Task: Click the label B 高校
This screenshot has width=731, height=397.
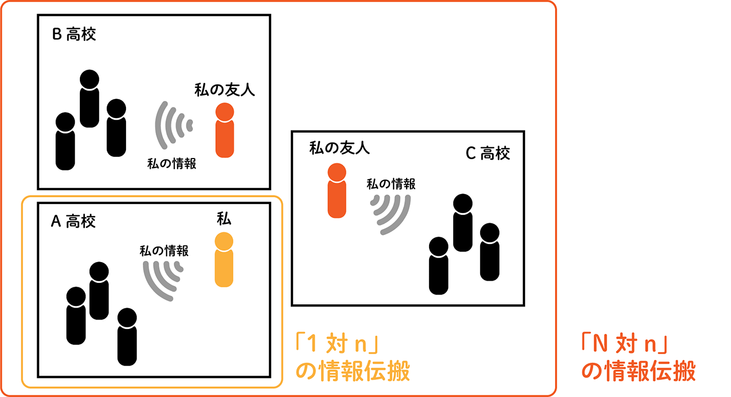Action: click(x=74, y=34)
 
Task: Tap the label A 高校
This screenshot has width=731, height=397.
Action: click(x=74, y=222)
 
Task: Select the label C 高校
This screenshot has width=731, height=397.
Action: click(x=488, y=153)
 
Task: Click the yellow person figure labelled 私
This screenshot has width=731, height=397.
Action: click(x=224, y=260)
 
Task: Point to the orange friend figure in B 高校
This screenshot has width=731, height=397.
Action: click(x=224, y=130)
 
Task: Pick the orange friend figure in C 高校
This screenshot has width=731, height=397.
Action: click(x=337, y=191)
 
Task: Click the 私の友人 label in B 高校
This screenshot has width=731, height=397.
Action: click(x=224, y=90)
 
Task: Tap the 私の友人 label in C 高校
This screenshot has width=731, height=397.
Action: click(x=340, y=148)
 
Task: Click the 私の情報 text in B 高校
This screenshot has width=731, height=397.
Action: click(x=172, y=164)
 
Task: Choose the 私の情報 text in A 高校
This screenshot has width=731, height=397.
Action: click(x=164, y=251)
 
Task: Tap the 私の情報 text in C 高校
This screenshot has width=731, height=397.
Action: click(x=391, y=184)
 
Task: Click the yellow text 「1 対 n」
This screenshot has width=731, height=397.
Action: click(x=337, y=344)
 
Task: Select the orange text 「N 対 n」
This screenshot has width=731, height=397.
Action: click(x=624, y=344)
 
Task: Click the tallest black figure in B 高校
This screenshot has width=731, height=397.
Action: click(x=89, y=98)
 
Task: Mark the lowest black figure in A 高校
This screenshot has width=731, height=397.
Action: click(x=127, y=337)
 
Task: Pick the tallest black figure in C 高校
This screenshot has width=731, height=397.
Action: click(x=463, y=223)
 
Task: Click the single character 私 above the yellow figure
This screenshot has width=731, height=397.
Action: click(x=224, y=219)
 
